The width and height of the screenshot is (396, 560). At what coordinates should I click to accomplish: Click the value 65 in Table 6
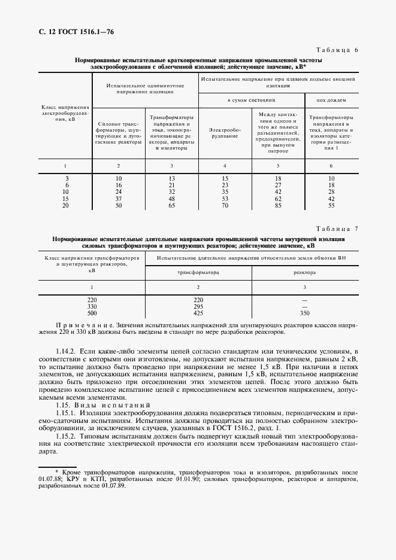(171, 205)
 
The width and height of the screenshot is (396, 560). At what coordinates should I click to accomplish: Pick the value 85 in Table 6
(278, 205)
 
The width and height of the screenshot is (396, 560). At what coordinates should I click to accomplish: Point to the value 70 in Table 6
(225, 205)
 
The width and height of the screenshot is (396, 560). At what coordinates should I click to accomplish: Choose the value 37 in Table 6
(119, 199)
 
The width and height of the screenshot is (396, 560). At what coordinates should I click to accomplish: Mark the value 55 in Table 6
(331, 205)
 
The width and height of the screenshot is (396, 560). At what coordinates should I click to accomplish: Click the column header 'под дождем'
(331, 101)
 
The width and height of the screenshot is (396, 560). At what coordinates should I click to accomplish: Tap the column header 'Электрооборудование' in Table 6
(225, 132)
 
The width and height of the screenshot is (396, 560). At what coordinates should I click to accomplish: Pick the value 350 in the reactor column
(305, 312)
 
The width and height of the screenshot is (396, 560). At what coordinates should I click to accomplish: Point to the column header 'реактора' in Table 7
(305, 272)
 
